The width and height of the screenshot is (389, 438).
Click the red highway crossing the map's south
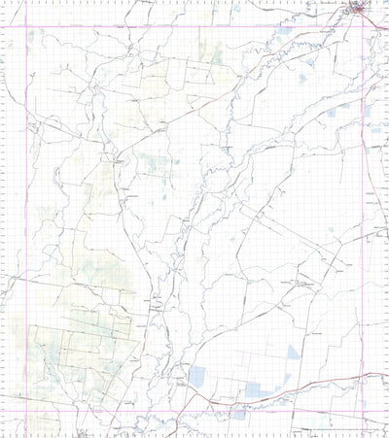[x=292, y=385]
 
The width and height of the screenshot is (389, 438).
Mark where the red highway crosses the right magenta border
[x=364, y=374]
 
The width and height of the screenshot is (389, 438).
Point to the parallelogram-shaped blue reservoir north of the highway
[x=198, y=377]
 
